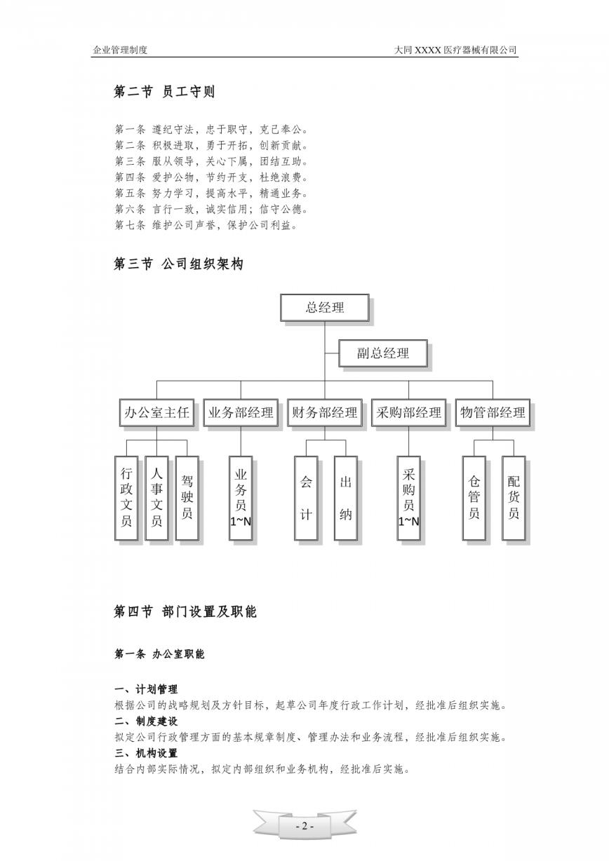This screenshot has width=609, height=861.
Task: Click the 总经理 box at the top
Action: [x=325, y=308]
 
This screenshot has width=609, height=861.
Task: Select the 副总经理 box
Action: [x=383, y=353]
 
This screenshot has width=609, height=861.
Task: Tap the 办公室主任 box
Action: [x=156, y=413]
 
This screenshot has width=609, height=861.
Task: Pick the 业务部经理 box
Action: [x=241, y=413]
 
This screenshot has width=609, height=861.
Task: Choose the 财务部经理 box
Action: [x=325, y=413]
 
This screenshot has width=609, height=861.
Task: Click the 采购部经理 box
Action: [x=408, y=413]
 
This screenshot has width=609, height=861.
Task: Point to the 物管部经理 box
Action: [x=493, y=413]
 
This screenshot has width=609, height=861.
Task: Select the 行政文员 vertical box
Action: [x=126, y=498]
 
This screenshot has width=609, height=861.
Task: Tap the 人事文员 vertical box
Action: [x=156, y=498]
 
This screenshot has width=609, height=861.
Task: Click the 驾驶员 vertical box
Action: [x=187, y=498]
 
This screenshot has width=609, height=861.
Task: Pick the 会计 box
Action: [x=306, y=498]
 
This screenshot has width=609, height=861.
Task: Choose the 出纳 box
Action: [x=345, y=498]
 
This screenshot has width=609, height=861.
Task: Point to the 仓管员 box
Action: [x=474, y=498]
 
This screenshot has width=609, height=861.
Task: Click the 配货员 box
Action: [x=514, y=498]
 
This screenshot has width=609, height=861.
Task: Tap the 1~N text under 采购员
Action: [x=408, y=522]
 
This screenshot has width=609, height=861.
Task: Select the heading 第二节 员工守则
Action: [x=164, y=92]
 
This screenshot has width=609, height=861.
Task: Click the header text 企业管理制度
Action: [x=120, y=50]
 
